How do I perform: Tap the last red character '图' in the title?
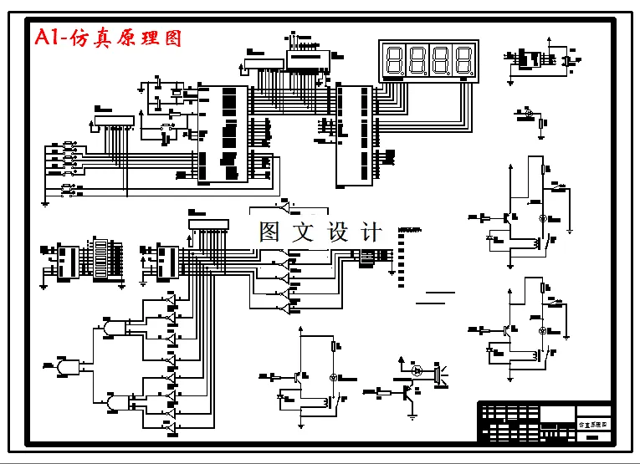pyautogui.click(x=172, y=38)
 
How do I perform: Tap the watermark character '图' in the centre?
pyautogui.click(x=269, y=232)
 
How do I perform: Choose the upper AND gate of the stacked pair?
pyautogui.click(x=113, y=327)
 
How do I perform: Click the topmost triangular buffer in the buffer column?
pyautogui.click(x=171, y=299)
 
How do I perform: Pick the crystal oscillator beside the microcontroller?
pyautogui.click(x=176, y=92)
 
